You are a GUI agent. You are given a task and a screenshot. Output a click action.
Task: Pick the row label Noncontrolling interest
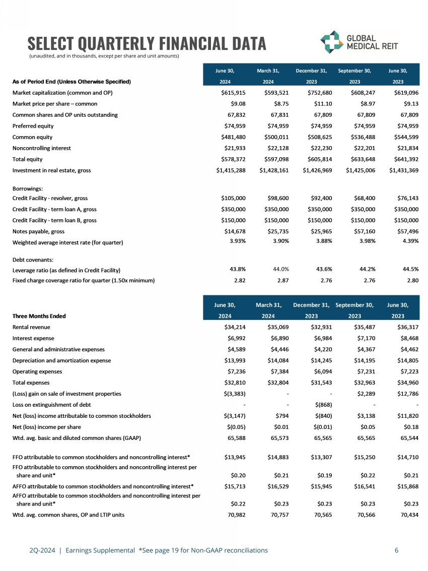42,148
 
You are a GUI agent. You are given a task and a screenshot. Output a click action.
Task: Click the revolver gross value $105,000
233,198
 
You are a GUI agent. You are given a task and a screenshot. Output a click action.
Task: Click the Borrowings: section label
29,187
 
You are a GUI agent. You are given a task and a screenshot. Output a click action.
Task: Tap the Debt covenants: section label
33,260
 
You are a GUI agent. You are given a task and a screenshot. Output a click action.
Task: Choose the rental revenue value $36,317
407,327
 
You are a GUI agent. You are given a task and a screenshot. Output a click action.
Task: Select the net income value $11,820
407,416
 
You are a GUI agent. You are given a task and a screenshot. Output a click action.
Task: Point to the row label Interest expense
33,338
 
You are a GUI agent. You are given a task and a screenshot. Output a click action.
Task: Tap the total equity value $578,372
233,159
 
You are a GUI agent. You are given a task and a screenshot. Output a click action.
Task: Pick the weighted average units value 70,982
236,515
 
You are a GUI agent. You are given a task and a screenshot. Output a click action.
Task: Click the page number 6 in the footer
397,550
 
